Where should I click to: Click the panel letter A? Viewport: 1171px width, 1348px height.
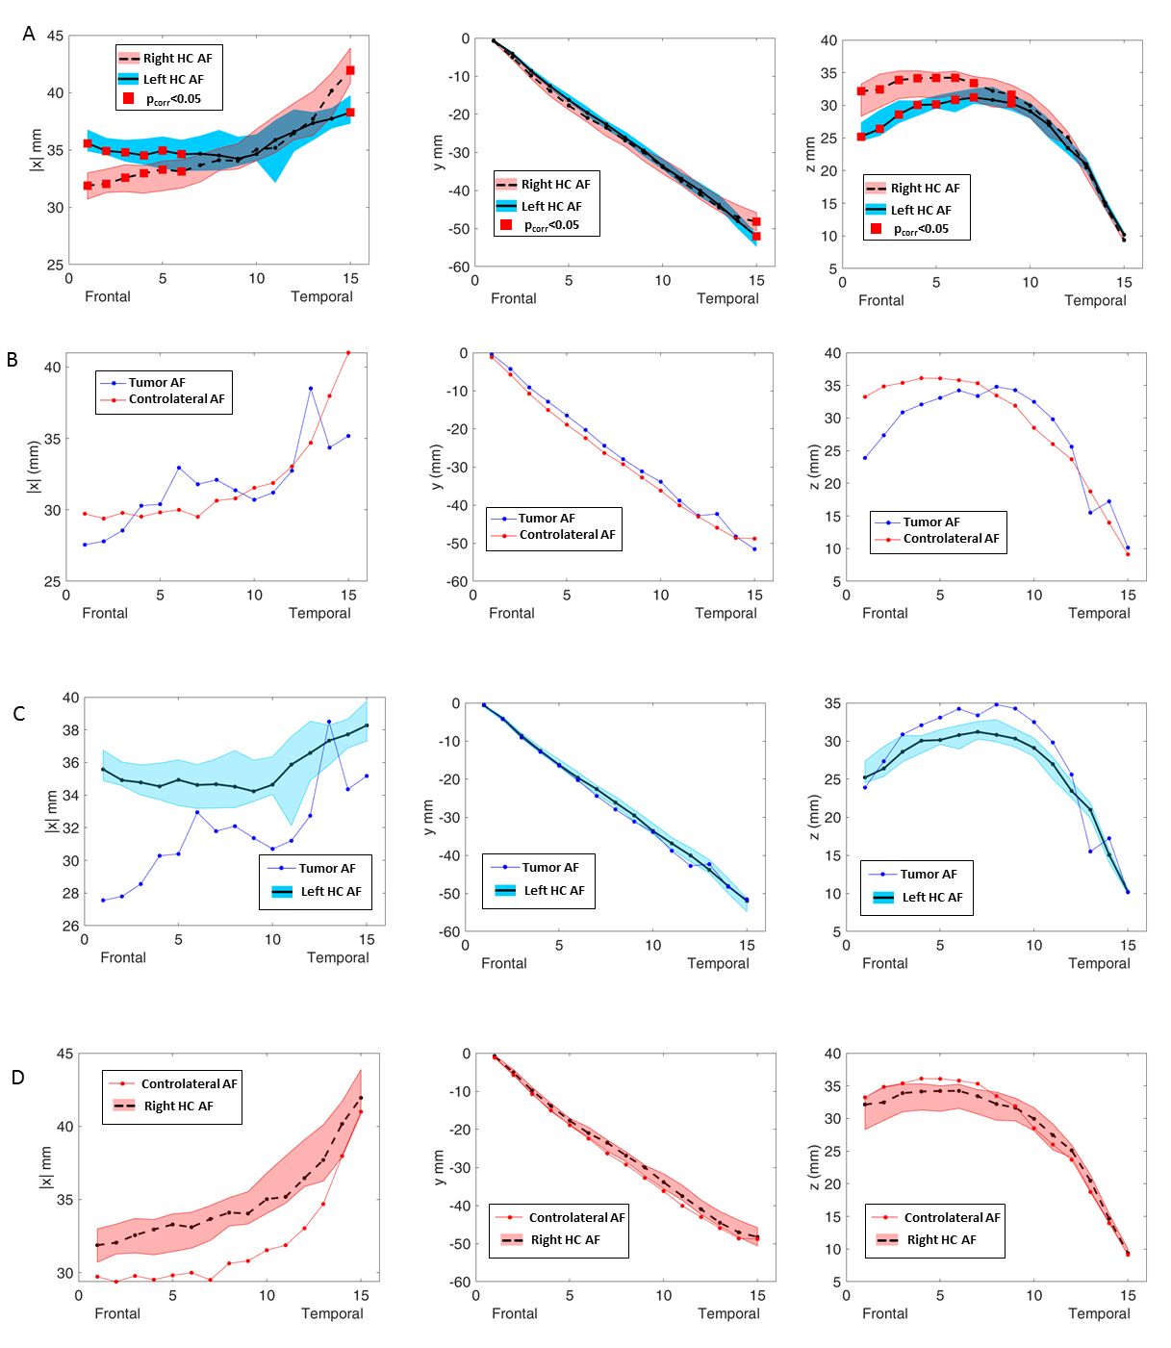[x=29, y=35]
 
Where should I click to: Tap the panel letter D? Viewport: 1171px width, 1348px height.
[x=18, y=1078]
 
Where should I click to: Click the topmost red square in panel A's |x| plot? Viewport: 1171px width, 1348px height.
[x=350, y=70]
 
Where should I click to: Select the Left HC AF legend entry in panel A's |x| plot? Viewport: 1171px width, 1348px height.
[x=172, y=80]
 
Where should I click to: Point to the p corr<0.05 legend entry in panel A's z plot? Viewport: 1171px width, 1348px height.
[x=920, y=229]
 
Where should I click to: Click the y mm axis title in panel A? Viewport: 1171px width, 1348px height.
[x=439, y=152]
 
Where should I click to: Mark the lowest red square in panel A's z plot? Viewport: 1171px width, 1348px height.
[x=861, y=137]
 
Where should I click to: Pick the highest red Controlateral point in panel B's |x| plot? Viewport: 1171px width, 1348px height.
[x=348, y=353]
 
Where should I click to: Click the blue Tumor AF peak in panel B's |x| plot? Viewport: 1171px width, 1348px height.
[x=311, y=389]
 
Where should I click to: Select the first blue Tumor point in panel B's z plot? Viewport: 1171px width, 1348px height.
[x=865, y=457]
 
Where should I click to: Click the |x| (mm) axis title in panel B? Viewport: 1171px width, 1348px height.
[x=34, y=467]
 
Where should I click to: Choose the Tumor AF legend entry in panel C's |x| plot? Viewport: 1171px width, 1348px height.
[x=326, y=868]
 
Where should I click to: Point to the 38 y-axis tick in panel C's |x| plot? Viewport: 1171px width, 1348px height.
[x=71, y=730]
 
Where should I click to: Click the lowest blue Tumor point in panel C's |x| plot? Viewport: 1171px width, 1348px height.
[x=103, y=900]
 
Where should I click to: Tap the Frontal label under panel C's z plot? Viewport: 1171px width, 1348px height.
[x=884, y=963]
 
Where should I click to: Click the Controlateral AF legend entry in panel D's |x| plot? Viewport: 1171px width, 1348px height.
[x=188, y=1083]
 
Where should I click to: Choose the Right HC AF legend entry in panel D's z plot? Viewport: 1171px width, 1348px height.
[x=941, y=1240]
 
